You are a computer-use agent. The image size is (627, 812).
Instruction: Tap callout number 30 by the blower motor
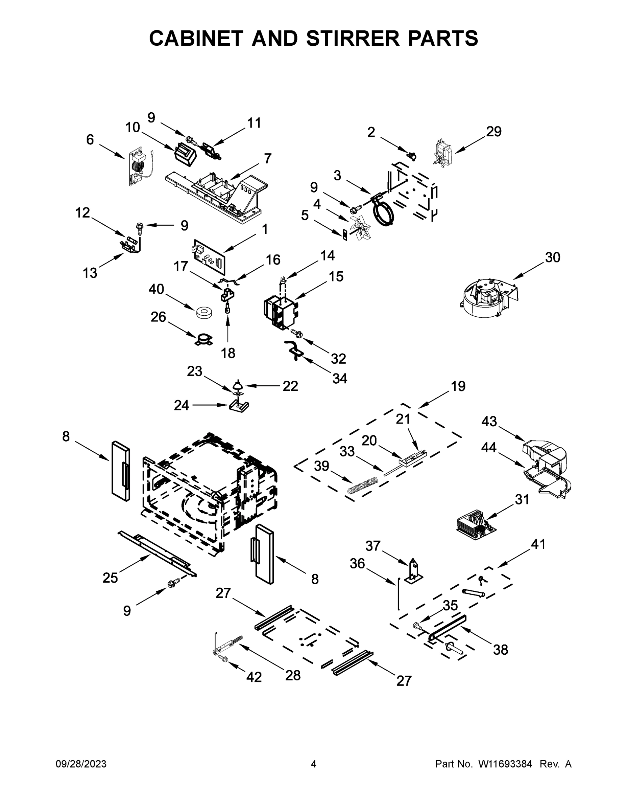coord(552,257)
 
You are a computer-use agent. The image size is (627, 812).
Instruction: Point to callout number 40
coord(156,289)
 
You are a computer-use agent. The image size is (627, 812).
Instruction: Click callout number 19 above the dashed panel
coord(458,386)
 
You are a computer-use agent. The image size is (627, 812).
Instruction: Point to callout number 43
coord(489,422)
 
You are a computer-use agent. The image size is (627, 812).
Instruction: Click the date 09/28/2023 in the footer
coord(81,764)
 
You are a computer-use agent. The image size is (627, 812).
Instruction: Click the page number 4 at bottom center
coord(314,764)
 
